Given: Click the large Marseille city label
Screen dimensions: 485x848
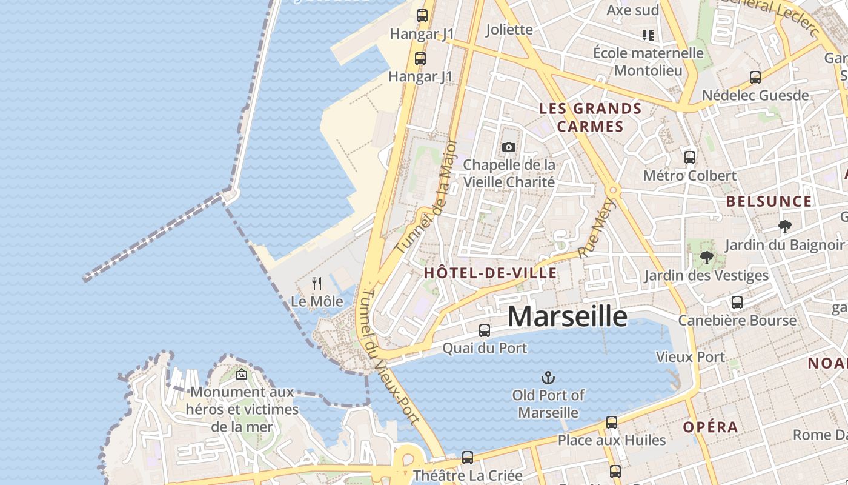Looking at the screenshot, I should click(x=567, y=316).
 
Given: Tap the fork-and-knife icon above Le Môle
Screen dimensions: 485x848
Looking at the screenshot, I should click(x=317, y=283).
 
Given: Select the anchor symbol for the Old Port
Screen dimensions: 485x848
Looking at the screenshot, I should click(x=548, y=378).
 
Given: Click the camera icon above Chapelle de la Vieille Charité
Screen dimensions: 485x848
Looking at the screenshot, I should click(x=509, y=147).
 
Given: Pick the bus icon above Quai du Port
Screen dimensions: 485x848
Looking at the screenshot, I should click(x=485, y=330).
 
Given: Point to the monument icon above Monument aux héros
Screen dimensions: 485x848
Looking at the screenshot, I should click(x=242, y=374).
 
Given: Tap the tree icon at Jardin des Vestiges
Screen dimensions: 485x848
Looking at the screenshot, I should click(x=706, y=258).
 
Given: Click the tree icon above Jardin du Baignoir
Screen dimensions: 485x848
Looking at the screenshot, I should click(x=785, y=227).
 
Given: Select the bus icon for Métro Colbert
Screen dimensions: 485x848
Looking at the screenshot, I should click(x=690, y=158).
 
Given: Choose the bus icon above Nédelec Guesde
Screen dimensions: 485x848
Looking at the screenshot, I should click(x=755, y=78).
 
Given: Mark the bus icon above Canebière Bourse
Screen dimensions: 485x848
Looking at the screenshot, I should click(x=737, y=303).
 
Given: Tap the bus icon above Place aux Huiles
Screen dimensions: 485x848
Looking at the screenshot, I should click(x=612, y=423).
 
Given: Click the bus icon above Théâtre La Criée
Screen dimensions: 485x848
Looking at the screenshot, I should click(x=468, y=458).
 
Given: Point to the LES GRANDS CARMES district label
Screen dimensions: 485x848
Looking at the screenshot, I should click(x=590, y=118).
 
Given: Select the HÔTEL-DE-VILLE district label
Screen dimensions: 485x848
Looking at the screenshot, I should click(x=490, y=273).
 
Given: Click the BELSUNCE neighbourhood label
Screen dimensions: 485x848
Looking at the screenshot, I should click(x=769, y=201).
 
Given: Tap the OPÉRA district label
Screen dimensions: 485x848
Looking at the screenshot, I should click(x=711, y=427).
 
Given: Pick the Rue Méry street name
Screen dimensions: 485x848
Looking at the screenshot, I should click(x=597, y=228).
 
